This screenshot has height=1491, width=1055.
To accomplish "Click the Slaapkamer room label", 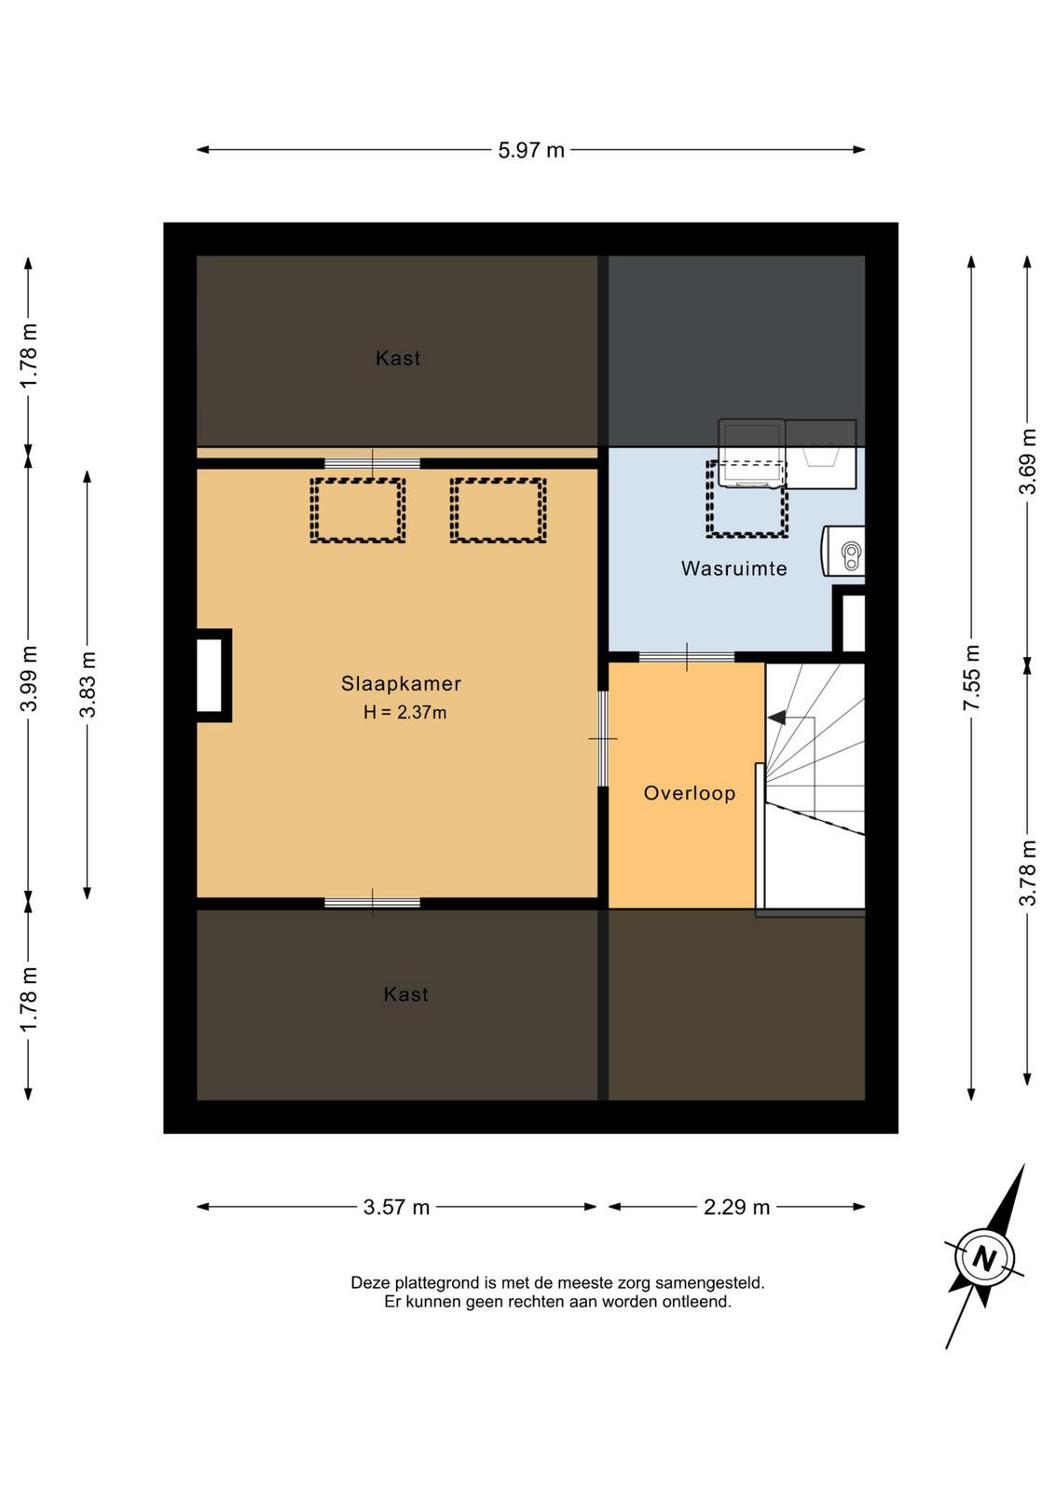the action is click(401, 684).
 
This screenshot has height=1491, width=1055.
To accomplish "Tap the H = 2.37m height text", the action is click(404, 712).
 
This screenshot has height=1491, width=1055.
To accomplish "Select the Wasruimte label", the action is click(733, 568).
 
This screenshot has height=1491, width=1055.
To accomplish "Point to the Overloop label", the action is click(690, 793).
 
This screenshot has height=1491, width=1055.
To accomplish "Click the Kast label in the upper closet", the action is click(398, 358).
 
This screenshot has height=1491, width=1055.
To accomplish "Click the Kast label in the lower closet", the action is click(406, 994).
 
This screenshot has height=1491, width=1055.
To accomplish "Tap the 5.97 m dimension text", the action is click(531, 150).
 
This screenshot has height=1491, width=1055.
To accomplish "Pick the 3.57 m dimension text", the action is click(396, 1208).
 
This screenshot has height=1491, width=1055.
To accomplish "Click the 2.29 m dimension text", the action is click(736, 1208).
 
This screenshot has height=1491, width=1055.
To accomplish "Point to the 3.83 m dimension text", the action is click(88, 684).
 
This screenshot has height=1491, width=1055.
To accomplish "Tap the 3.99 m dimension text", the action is click(29, 677).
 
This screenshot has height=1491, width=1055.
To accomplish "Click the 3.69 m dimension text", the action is click(1028, 460).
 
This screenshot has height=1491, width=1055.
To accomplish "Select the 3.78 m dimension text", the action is click(1028, 872).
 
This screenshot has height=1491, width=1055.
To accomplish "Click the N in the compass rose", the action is click(984, 1259).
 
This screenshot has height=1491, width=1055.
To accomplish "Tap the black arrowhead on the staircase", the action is click(776, 718).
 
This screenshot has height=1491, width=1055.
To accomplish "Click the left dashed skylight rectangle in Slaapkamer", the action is click(358, 511).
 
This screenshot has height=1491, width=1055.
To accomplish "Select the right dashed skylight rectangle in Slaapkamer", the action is click(498, 511).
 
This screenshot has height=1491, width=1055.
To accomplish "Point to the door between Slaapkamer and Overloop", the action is click(603, 739).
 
